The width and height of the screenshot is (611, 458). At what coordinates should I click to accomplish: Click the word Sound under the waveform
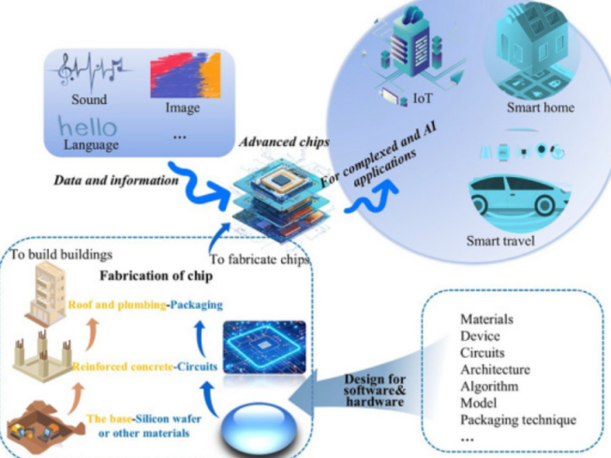[x=89, y=99]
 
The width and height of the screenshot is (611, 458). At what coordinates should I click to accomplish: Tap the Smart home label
[x=541, y=108]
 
